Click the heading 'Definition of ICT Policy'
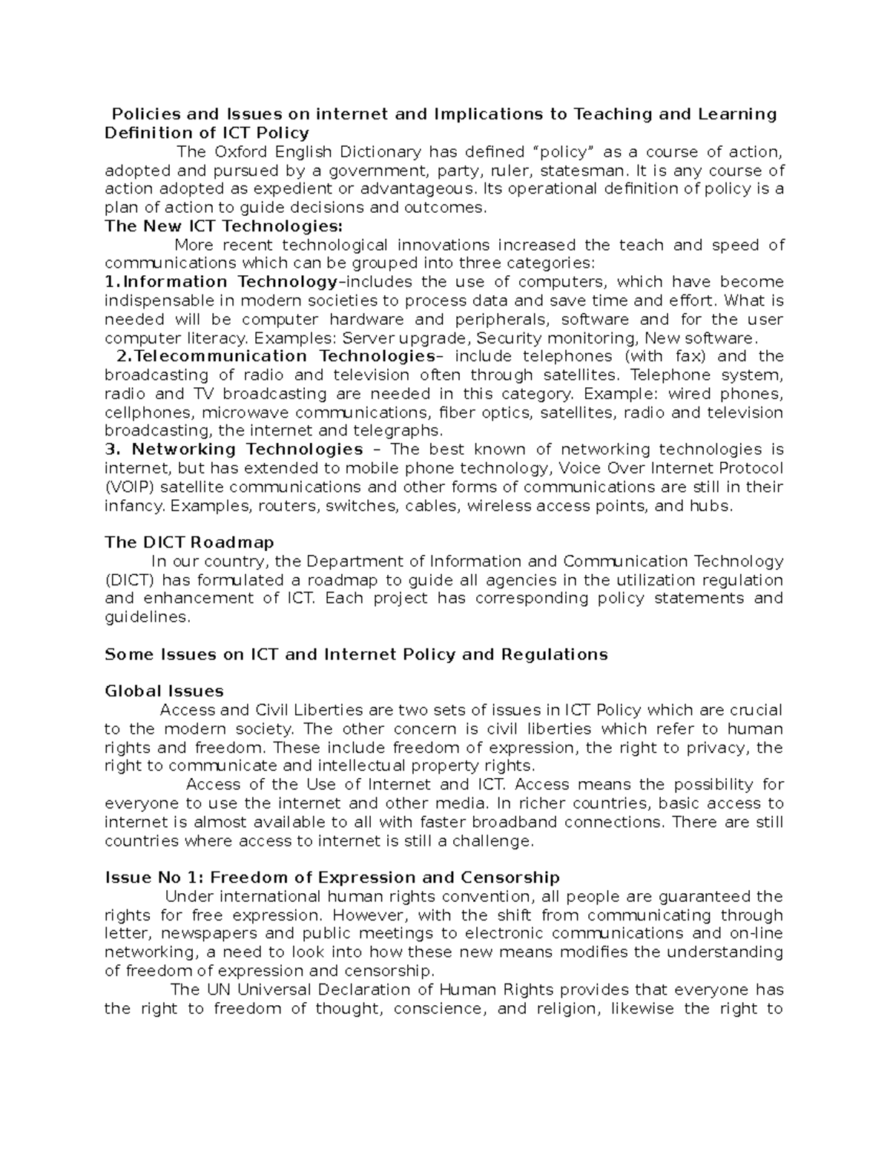pyautogui.click(x=207, y=133)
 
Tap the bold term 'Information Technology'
pyautogui.click(x=230, y=282)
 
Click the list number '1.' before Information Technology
pyautogui.click(x=112, y=282)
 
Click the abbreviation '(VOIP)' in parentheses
pyautogui.click(x=130, y=487)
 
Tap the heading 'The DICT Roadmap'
pyautogui.click(x=189, y=542)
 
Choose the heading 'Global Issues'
pyautogui.click(x=164, y=691)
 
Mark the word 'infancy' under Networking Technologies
pyautogui.click(x=134, y=506)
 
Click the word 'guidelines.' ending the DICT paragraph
pyautogui.click(x=148, y=617)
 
